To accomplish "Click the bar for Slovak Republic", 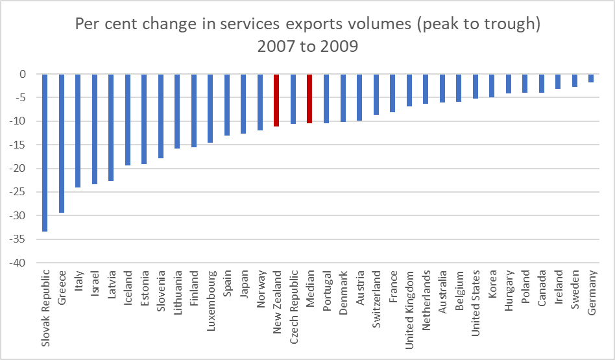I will coord(45,152).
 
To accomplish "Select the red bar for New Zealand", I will coord(276,100).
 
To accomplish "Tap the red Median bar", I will coord(309,99).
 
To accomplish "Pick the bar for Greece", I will coord(62,143).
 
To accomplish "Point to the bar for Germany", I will coord(591,78).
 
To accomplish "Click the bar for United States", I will coord(476,86).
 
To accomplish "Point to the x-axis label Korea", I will coord(492,285).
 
